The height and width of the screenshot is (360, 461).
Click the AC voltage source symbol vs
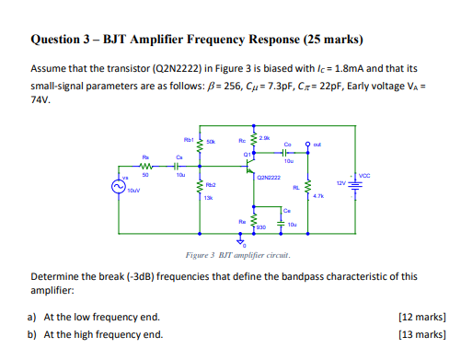click(117, 185)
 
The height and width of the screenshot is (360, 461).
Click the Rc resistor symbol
click(253, 145)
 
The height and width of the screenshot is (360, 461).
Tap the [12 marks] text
click(421, 317)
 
